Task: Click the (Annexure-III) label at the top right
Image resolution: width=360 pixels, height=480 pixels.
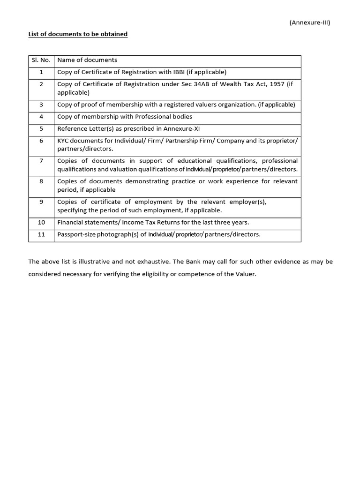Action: point(310,22)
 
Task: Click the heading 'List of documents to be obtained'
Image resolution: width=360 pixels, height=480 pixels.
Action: point(78,34)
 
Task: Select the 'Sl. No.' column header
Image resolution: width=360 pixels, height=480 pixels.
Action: point(41,60)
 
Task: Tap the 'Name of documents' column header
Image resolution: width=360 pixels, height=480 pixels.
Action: point(87,60)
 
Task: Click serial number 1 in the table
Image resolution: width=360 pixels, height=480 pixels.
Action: point(41,72)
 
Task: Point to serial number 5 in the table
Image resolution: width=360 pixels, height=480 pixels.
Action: point(41,129)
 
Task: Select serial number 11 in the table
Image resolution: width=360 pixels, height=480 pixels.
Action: point(41,234)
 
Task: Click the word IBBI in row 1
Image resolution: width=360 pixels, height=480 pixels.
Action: point(176,72)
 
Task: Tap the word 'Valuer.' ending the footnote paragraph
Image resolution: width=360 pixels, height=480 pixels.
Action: point(246,274)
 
